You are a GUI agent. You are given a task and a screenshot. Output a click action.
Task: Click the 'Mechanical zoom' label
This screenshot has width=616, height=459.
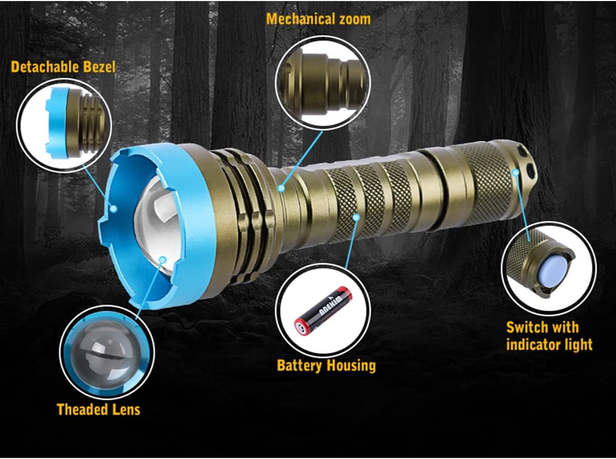pos(318,20)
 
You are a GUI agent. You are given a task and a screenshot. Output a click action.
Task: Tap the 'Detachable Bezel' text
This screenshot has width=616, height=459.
pos(63,67)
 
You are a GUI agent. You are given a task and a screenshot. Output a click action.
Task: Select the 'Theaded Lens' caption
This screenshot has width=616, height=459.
pos(98,409)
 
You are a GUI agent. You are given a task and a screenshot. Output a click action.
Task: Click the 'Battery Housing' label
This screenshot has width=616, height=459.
pos(326,366)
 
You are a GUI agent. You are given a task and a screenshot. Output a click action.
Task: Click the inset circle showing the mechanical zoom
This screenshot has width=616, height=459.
pos(323,81)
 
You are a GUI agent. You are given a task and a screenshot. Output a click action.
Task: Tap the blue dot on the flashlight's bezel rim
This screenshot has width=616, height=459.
pos(113,208)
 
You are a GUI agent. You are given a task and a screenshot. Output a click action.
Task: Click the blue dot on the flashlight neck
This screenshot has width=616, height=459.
pos(281,188)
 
